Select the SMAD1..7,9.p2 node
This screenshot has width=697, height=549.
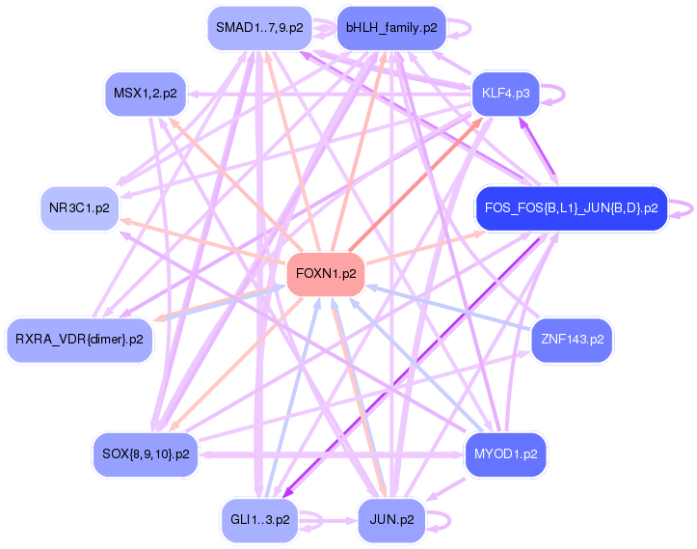point(259,28)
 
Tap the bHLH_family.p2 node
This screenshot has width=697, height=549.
point(391,28)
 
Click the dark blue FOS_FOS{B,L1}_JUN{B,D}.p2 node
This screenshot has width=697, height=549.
point(572,207)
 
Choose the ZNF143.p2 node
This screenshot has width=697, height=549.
point(572,339)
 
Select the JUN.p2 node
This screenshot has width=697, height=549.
point(391,519)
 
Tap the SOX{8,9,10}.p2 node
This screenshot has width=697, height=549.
point(145,453)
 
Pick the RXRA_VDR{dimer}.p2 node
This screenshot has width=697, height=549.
point(79,339)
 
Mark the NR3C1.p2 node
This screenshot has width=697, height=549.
point(79,207)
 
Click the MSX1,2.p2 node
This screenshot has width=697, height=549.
point(145,94)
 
